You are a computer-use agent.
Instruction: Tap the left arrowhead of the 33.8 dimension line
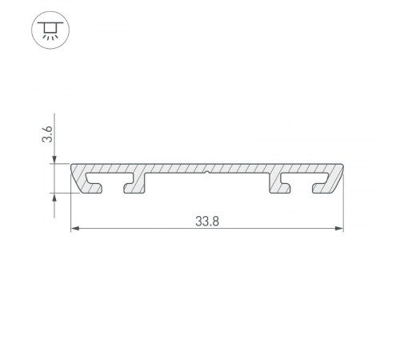pos(76,230)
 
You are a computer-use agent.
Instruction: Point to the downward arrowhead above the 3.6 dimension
pos(54,159)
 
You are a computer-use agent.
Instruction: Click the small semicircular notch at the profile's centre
pos(207,171)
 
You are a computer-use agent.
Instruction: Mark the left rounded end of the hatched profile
pos(76,176)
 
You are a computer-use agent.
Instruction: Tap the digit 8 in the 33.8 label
pos(217,222)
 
